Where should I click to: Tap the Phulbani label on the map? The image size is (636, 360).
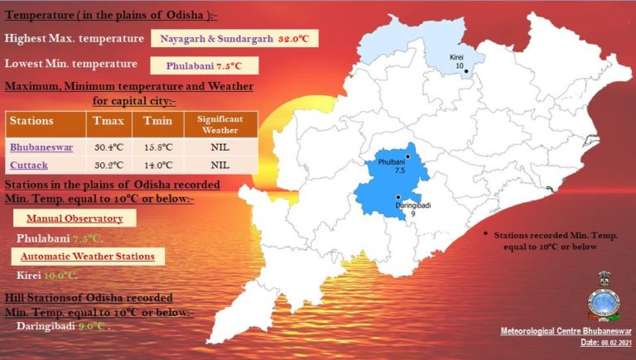[391, 163]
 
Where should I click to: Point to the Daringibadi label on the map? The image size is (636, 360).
[412, 204]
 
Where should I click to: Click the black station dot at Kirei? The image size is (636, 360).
[466, 71]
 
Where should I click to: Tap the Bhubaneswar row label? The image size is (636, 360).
[41, 147]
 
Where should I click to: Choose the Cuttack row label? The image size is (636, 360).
[29, 165]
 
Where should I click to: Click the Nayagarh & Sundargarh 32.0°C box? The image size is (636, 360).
[234, 39]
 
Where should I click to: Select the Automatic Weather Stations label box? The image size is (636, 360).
[87, 257]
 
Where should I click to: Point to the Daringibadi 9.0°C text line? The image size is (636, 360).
[63, 326]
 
